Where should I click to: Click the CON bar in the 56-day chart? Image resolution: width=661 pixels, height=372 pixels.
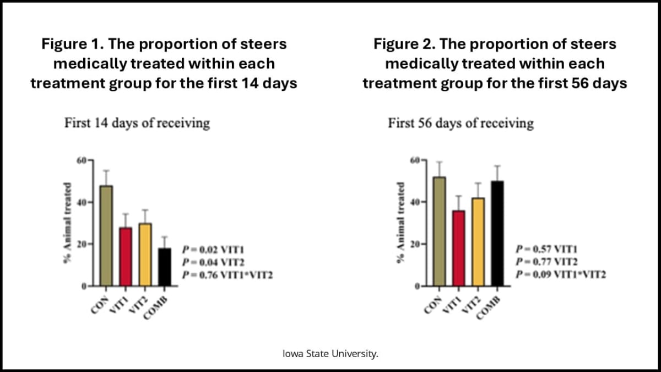click(439, 231)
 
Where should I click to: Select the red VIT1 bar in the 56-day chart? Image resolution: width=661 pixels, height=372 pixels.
click(458, 249)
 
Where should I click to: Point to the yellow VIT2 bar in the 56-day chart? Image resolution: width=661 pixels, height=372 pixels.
click(478, 242)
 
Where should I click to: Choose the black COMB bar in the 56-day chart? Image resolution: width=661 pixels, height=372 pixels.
click(497, 234)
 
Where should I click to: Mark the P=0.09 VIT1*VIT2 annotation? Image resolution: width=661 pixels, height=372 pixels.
click(561, 274)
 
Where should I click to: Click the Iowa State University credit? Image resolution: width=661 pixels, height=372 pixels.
click(330, 353)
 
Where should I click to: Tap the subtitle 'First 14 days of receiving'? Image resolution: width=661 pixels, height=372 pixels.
click(137, 122)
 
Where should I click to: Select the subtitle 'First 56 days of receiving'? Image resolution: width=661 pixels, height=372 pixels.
click(460, 122)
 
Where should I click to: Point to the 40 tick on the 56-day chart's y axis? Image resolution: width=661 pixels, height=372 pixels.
click(415, 202)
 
